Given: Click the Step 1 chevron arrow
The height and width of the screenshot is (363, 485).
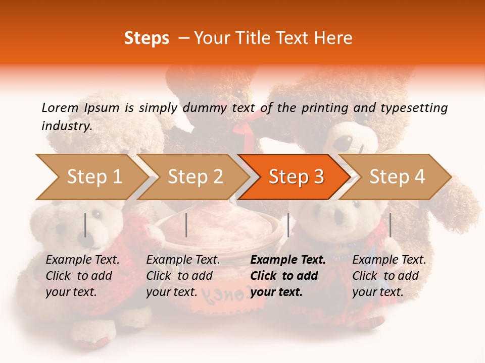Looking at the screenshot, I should click(x=93, y=177).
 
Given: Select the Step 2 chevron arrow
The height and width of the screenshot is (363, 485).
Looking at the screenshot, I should click(x=195, y=177).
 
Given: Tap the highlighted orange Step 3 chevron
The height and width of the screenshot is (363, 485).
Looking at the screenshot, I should click(x=296, y=177).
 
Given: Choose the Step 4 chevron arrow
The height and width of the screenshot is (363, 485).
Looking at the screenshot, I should click(x=397, y=177).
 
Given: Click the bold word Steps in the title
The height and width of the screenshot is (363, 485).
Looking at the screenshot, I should click(x=147, y=38).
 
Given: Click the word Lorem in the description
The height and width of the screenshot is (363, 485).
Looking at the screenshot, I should click(x=60, y=107).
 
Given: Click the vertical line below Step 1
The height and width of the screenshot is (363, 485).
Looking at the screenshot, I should click(x=85, y=225).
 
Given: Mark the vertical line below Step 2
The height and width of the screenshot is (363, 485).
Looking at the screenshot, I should click(x=186, y=225).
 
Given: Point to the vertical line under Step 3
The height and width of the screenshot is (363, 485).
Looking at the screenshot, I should click(x=288, y=225).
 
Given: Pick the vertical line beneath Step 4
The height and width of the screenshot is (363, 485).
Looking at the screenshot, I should click(x=390, y=225).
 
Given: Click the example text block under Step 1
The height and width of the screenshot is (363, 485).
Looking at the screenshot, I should click(x=82, y=276).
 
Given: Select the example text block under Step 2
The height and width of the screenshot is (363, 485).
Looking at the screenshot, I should click(x=183, y=276).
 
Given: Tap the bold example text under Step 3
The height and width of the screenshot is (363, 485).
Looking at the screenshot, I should click(x=288, y=276).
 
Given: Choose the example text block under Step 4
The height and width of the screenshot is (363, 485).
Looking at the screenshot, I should click(x=389, y=276).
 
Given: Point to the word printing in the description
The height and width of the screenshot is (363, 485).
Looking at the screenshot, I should click(x=323, y=107).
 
